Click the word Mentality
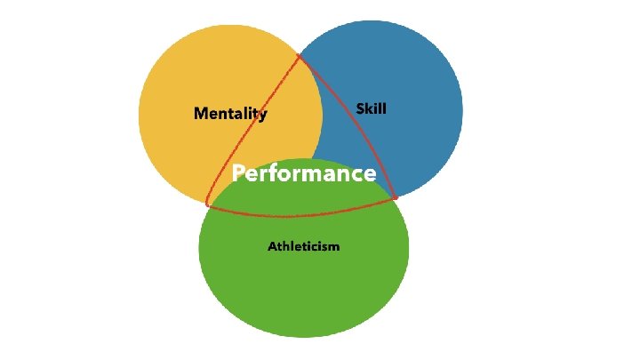pyautogui.click(x=230, y=113)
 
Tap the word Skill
pyautogui.click(x=371, y=108)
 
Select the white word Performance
pyautogui.click(x=303, y=173)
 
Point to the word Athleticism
pyautogui.click(x=303, y=245)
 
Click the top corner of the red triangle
pyautogui.click(x=300, y=57)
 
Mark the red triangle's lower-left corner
pyautogui.click(x=207, y=205)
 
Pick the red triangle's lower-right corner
pyautogui.click(x=396, y=199)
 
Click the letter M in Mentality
pyautogui.click(x=201, y=113)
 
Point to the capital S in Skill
pyautogui.click(x=360, y=108)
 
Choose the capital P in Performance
pyautogui.click(x=238, y=173)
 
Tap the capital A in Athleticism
pyautogui.click(x=272, y=245)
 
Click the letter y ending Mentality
pyautogui.click(x=262, y=115)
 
